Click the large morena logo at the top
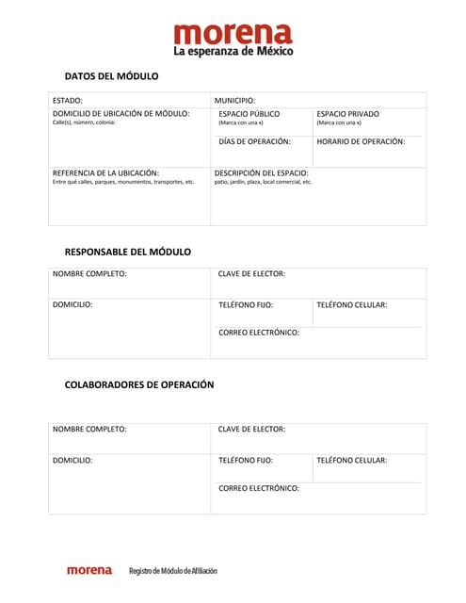tap(233, 34)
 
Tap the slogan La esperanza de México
tap(233, 51)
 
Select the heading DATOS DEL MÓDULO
tap(111, 76)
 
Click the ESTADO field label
tap(68, 100)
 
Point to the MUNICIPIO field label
tap(234, 100)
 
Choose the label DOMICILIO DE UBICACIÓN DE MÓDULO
tap(121, 113)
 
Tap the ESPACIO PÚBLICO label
tap(249, 113)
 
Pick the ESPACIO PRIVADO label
tap(347, 113)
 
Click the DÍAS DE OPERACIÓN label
tap(254, 141)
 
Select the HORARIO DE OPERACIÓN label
tap(361, 141)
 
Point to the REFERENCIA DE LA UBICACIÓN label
tap(105, 173)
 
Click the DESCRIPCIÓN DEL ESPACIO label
tap(261, 173)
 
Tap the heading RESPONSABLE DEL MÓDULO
tap(127, 252)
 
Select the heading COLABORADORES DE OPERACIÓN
tap(138, 384)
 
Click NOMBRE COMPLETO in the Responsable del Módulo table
tap(89, 274)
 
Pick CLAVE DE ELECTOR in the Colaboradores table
tap(251, 429)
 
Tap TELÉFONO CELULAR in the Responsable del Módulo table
tap(351, 305)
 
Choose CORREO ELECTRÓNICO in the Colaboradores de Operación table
tap(259, 488)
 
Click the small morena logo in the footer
tap(88, 570)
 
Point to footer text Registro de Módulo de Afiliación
tap(172, 571)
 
